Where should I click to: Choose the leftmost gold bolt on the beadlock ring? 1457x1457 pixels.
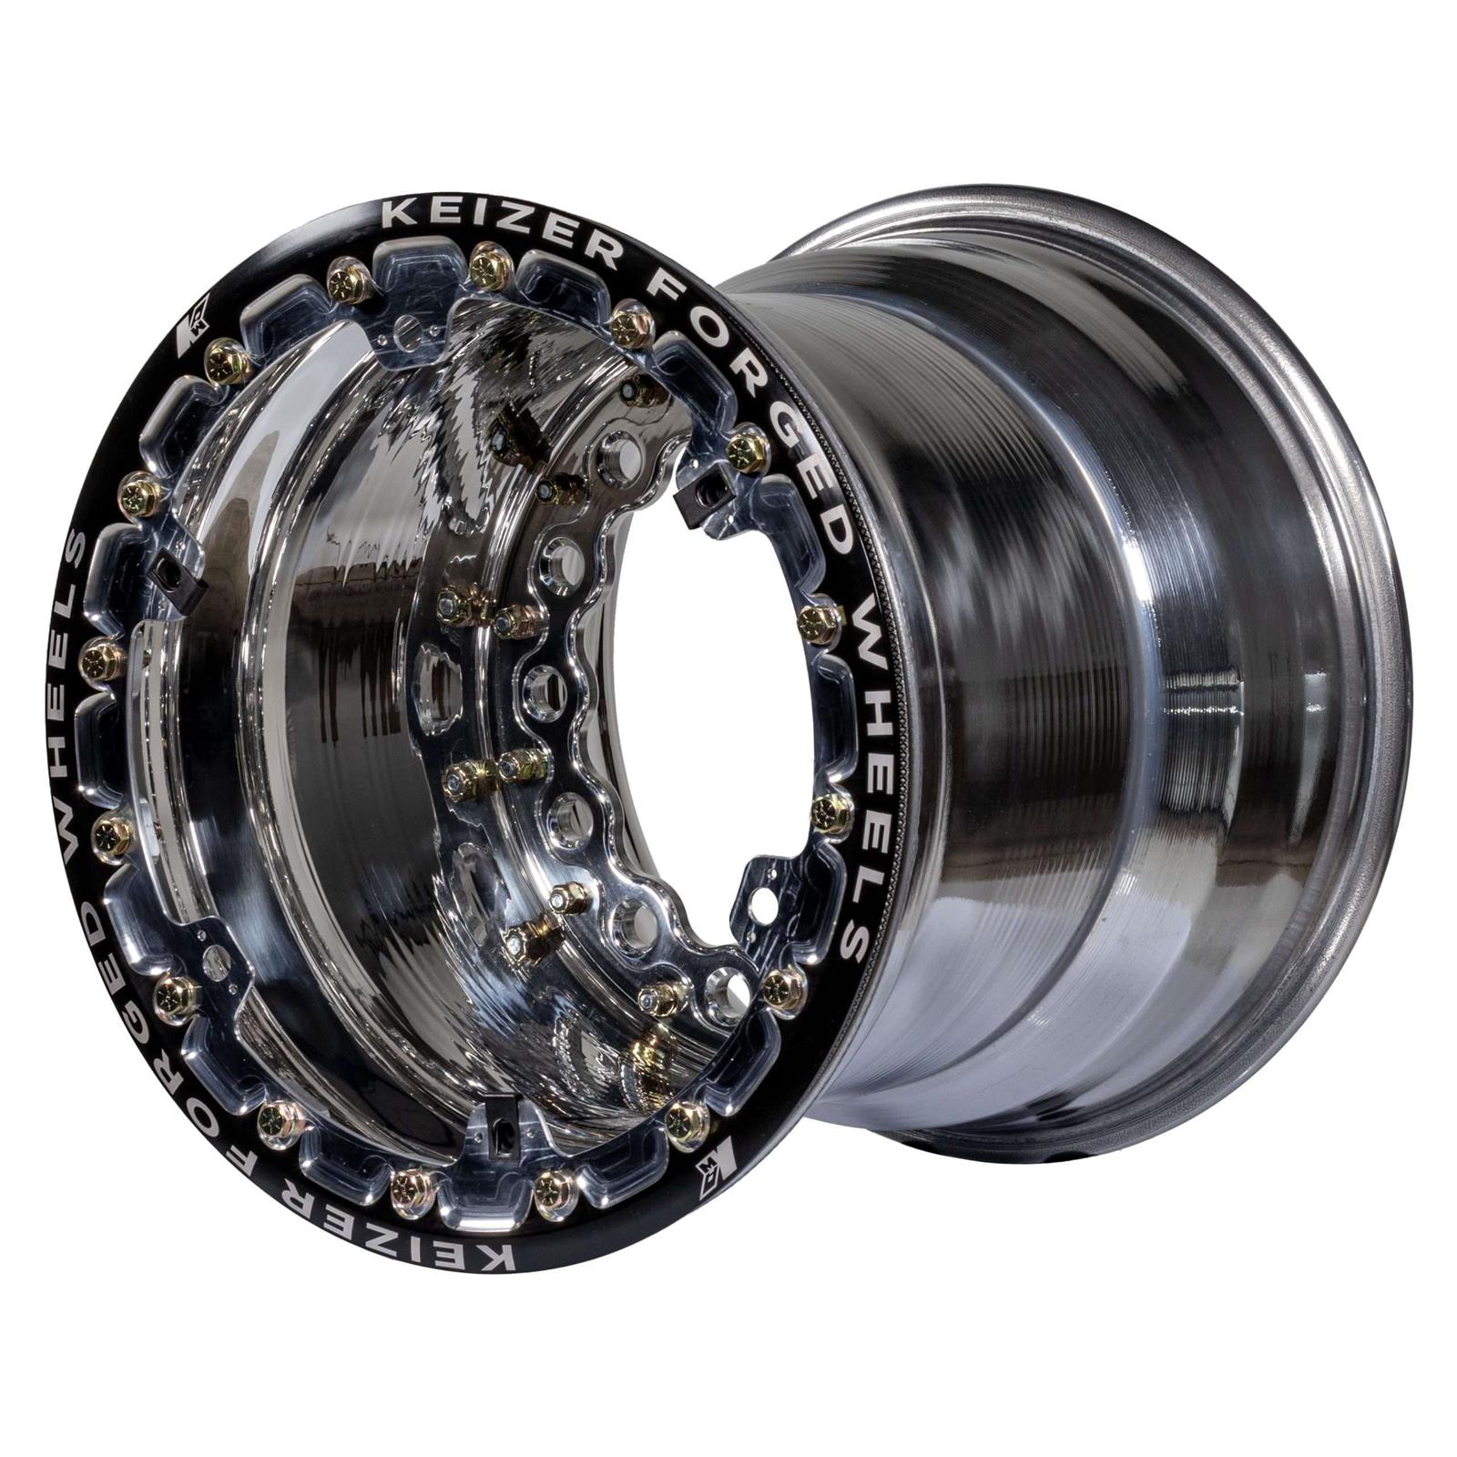point(102,656)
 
